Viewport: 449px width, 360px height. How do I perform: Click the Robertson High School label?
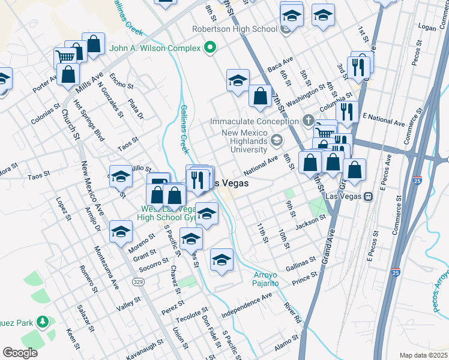pos(234,28)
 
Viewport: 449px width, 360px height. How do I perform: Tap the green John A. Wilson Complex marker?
pos(210,47)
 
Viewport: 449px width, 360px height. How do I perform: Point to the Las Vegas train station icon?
pos(369,196)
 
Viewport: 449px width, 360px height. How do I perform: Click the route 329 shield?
pos(137,281)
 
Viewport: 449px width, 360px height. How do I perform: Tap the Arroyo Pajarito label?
pos(265,278)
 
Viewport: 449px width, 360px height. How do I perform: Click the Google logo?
pos(20,352)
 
